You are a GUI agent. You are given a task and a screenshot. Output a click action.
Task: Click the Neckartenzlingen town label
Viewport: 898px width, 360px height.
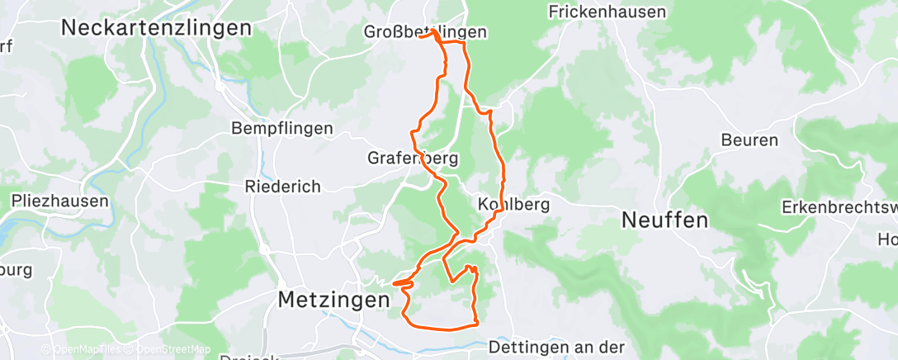pos(156,27)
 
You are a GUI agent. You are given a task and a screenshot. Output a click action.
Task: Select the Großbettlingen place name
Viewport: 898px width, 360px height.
pos(425,32)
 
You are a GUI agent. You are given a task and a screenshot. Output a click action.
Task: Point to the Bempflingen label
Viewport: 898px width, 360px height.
pos(282,129)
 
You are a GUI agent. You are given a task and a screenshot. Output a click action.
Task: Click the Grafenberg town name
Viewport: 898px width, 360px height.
pos(412,157)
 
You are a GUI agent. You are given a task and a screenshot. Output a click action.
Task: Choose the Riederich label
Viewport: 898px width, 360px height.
pos(282,187)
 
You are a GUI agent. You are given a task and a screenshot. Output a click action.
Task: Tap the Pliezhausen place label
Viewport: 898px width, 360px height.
pos(59,201)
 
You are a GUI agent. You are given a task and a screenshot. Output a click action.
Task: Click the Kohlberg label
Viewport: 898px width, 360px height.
pos(513,203)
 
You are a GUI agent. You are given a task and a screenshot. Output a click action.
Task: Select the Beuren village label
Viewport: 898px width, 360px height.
pos(749,140)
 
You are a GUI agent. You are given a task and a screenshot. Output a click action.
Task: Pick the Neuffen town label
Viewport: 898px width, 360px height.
pos(664,220)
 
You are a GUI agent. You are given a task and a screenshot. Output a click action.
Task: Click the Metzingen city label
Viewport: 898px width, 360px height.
pos(333,299)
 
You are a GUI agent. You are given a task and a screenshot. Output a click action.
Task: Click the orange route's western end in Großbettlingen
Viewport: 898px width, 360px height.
pos(420,36)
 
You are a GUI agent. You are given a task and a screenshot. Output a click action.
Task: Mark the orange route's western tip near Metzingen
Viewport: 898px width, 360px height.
pos(394,283)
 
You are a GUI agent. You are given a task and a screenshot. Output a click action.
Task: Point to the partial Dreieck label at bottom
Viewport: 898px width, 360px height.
pos(248,357)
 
